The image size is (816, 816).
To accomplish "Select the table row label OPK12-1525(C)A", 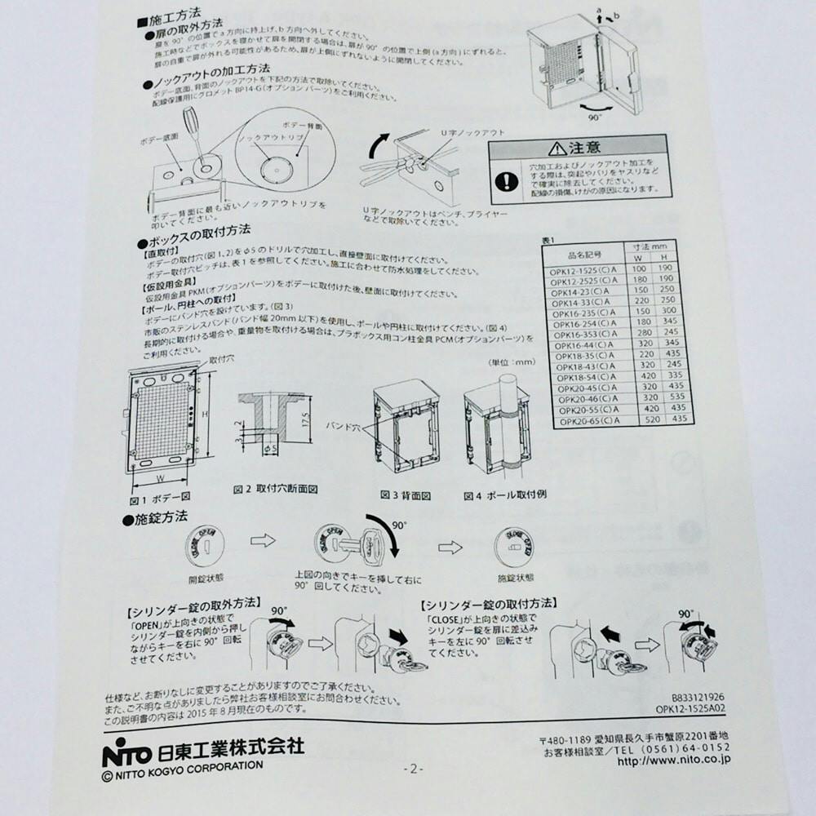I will (583, 268).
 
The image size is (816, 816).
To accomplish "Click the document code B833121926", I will (698, 697).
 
